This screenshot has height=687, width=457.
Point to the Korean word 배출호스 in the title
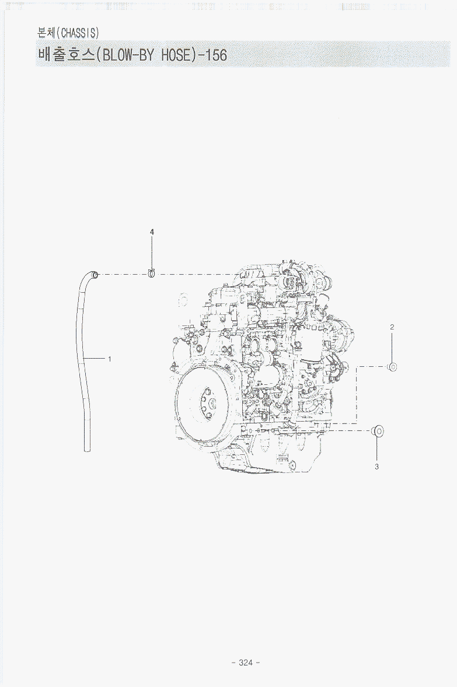(x=67, y=55)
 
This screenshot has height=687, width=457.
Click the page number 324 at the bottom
(x=246, y=663)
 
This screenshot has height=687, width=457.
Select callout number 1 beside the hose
(x=110, y=359)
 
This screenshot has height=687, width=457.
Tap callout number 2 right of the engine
(x=392, y=327)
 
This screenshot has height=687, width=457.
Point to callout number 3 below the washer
(x=376, y=467)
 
